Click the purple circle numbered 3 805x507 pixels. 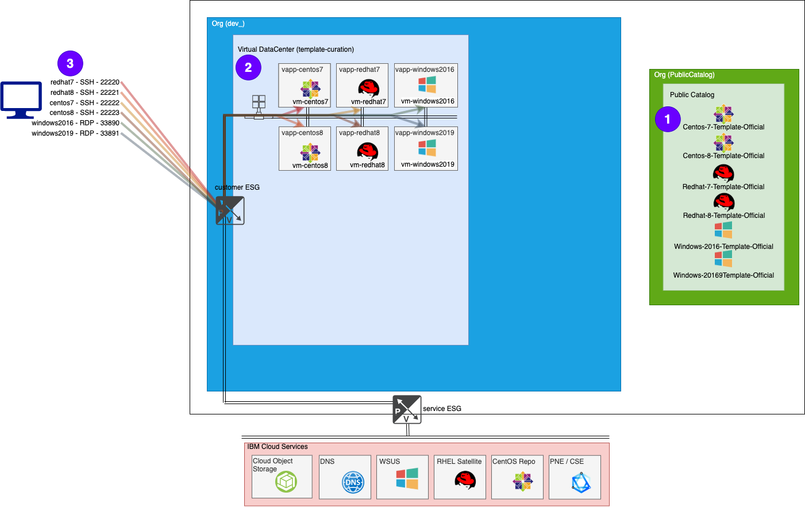tap(70, 63)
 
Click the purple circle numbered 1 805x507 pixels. tap(668, 119)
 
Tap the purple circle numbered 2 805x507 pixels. tap(248, 67)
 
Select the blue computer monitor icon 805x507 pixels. tap(21, 99)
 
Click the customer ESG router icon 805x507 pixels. tap(230, 210)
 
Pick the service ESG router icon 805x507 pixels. tap(407, 409)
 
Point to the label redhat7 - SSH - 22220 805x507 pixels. tap(85, 82)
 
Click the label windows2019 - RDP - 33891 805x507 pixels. tap(75, 133)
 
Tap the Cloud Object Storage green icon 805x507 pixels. tap(286, 482)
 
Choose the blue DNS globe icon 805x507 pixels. tap(353, 482)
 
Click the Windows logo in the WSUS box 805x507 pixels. tap(407, 478)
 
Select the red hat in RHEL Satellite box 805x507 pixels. tap(465, 479)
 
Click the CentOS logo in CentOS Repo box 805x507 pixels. tap(523, 481)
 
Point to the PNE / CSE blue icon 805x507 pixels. tap(581, 483)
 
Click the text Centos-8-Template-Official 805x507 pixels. tap(723, 156)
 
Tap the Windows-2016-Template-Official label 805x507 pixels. tap(723, 247)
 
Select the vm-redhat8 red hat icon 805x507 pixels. tap(367, 152)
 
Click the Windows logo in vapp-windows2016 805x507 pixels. tap(427, 84)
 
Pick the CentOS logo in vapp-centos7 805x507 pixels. tap(310, 89)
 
